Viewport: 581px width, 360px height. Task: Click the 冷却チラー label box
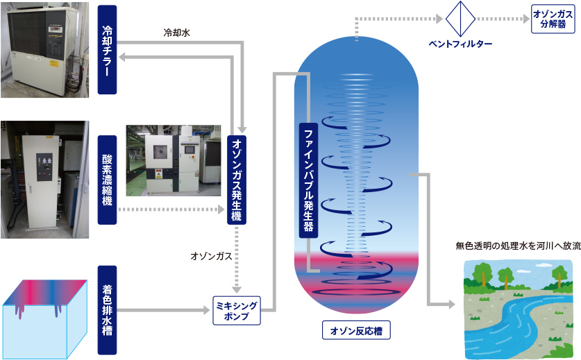pyautogui.click(x=108, y=49)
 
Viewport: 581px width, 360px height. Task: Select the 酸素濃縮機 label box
pyautogui.click(x=108, y=179)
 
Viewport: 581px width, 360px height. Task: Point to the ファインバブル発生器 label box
pyautogui.click(x=308, y=180)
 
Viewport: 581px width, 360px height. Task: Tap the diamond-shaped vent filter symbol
pyautogui.click(x=459, y=18)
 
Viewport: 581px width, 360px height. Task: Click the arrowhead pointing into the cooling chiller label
pyautogui.click(x=121, y=60)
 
